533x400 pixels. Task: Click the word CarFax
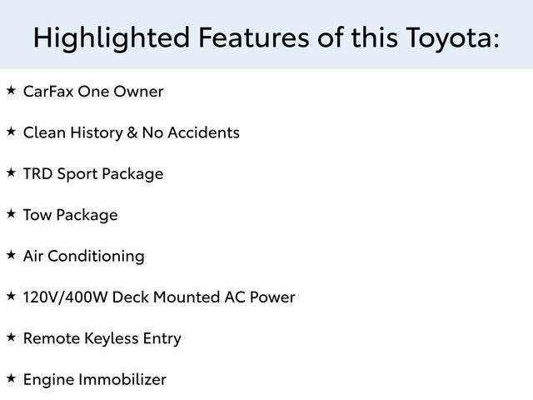(47, 91)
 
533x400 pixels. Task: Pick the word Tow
(37, 214)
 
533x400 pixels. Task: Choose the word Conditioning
(96, 256)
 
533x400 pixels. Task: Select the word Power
(272, 297)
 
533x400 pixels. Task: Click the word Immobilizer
(122, 379)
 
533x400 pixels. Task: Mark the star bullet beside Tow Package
(11, 213)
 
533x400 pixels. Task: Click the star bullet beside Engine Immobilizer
(11, 378)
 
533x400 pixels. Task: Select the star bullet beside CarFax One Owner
(11, 90)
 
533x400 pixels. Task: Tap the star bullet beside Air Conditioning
(11, 255)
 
